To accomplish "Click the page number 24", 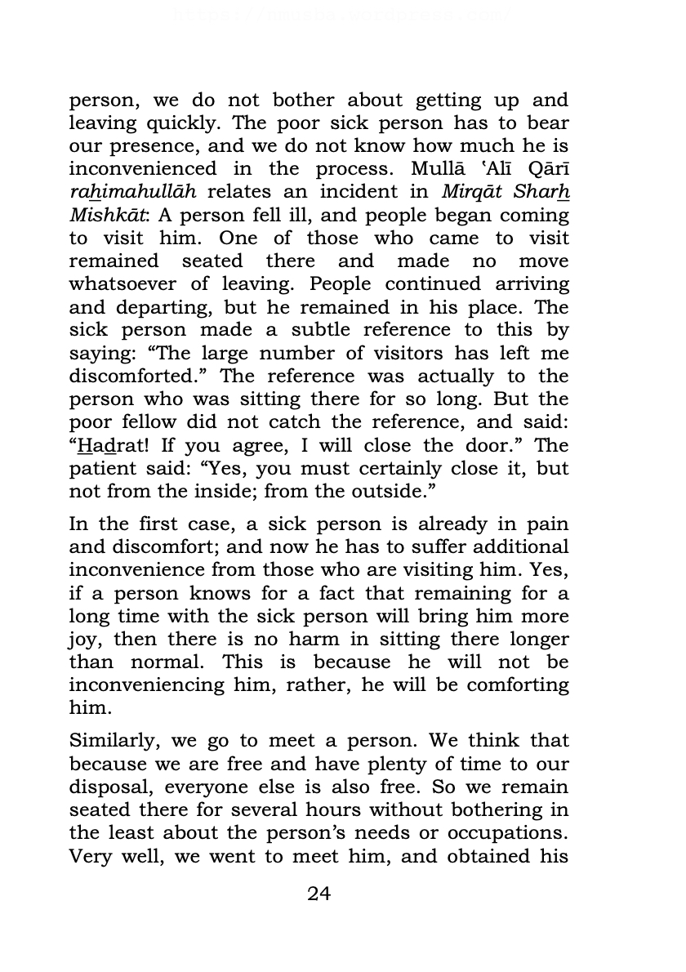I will pyautogui.click(x=318, y=893).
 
